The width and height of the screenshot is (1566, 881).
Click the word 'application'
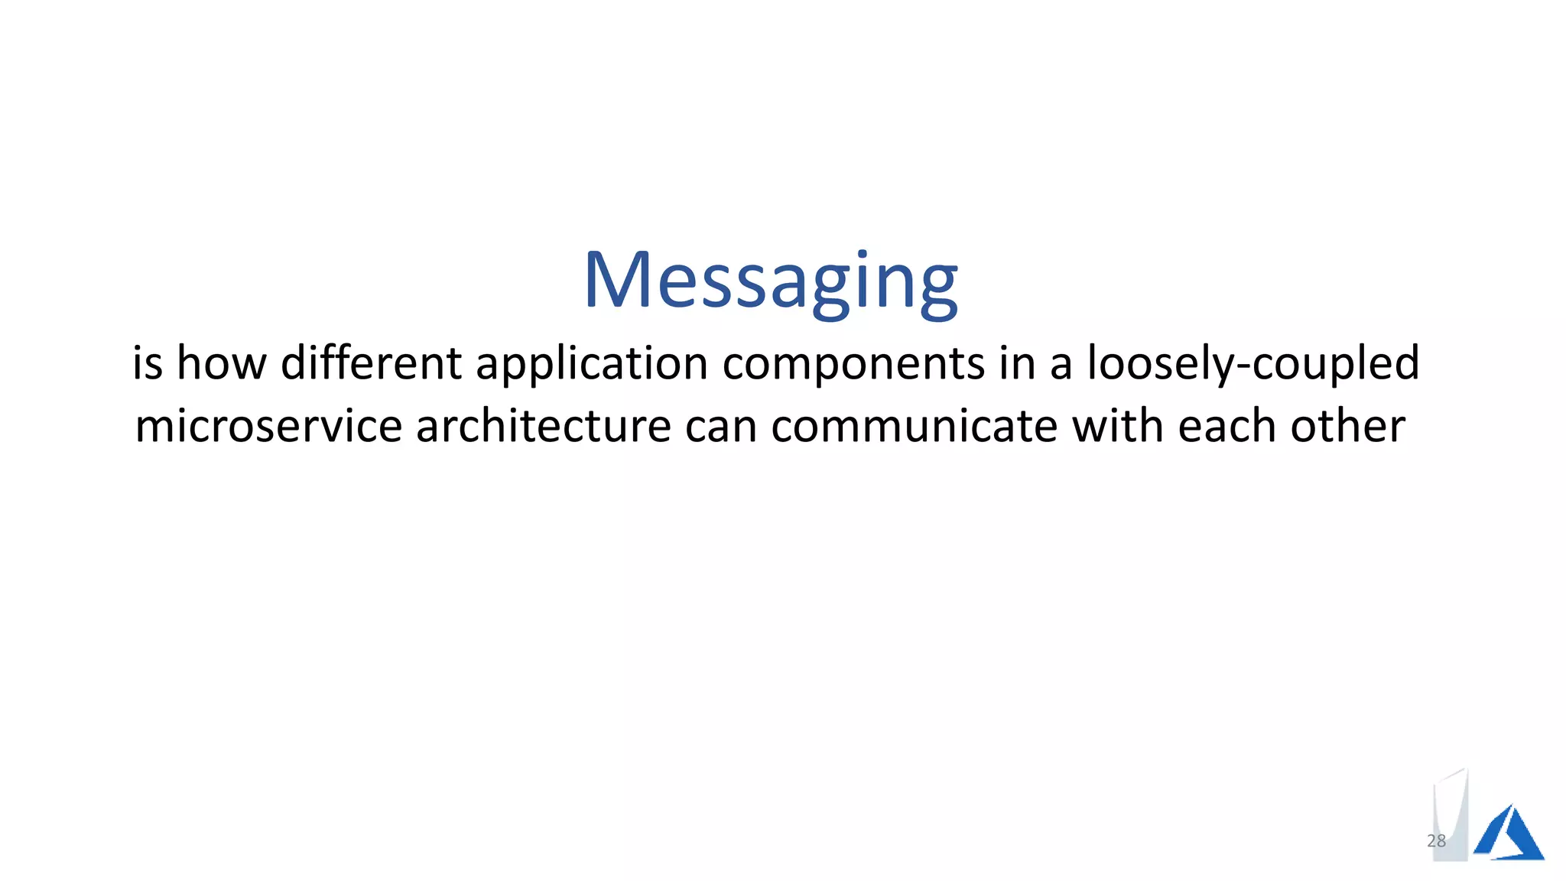(592, 364)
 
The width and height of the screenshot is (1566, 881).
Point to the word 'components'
(853, 364)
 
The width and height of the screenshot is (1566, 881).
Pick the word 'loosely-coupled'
(1253, 364)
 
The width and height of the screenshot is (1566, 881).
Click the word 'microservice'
(268, 426)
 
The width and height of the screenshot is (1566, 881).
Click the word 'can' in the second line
(721, 427)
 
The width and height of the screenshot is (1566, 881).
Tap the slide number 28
(1436, 841)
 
